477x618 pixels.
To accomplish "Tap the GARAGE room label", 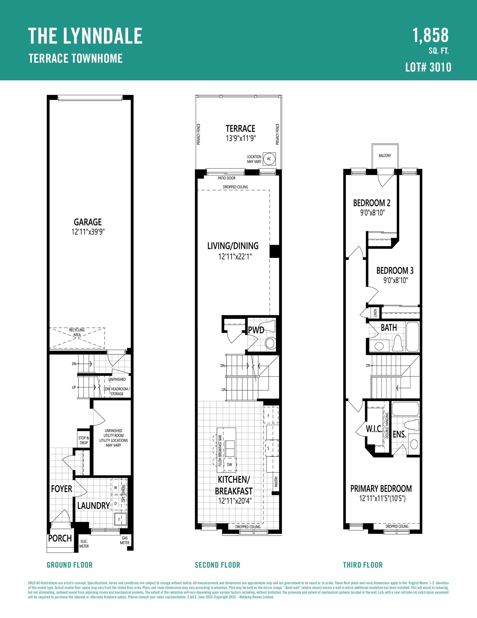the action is (88, 222).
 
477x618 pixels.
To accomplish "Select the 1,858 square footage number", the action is (431, 35).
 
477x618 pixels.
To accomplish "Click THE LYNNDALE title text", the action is (85, 36).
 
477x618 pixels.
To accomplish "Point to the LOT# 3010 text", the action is (428, 67).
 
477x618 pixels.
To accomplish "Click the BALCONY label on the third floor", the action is (385, 156).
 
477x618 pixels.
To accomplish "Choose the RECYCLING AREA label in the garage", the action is (77, 332).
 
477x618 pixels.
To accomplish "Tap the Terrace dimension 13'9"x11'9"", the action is (240, 138).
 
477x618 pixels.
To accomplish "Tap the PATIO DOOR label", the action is (226, 178).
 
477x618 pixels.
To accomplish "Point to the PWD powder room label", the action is (256, 330).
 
